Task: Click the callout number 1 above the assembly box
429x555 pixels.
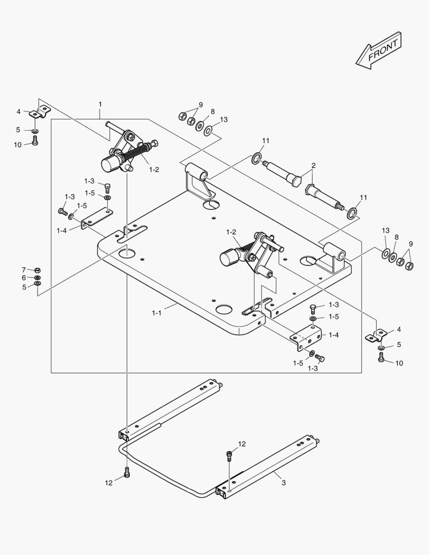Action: (x=100, y=104)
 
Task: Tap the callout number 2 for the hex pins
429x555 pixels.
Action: (x=313, y=165)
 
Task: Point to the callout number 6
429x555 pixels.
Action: (x=24, y=277)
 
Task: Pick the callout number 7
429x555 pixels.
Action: (x=24, y=270)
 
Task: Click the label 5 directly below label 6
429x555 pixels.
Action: (x=24, y=287)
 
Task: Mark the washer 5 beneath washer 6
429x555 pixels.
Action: (x=37, y=284)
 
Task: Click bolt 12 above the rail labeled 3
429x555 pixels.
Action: (x=229, y=454)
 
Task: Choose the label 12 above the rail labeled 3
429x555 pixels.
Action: (x=242, y=443)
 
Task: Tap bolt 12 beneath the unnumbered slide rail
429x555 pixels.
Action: (x=127, y=473)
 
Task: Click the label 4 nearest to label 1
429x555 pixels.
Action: (x=18, y=111)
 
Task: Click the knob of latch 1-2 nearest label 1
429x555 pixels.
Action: (x=109, y=164)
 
